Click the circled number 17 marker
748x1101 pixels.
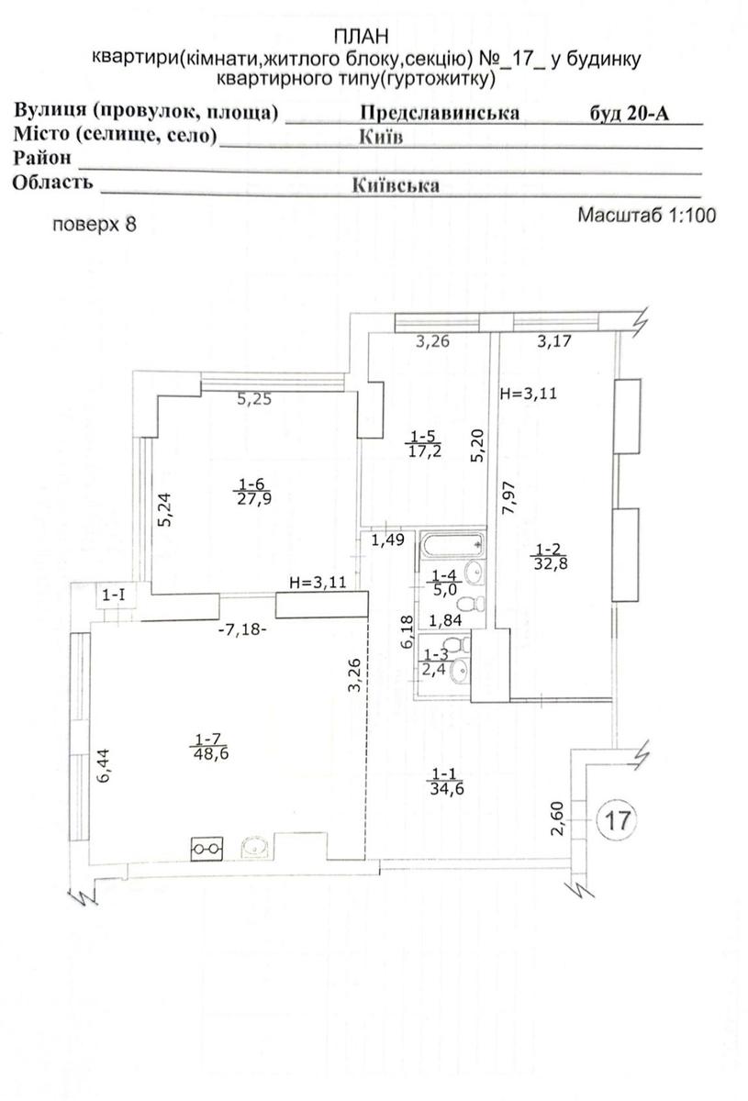pos(616,820)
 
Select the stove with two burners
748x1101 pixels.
pos(207,849)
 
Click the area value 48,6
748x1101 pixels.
pos(211,753)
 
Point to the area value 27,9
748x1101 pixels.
pos(255,499)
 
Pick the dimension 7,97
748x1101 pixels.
pos(508,497)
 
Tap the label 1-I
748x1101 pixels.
pos(114,595)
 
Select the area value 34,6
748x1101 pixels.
pos(447,789)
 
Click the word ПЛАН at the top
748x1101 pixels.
pos(361,37)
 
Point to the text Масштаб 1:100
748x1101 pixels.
pos(647,215)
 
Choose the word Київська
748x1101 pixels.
pos(396,185)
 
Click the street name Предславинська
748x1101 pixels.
pos(440,113)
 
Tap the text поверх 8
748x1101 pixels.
pos(95,225)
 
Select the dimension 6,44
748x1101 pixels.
pos(104,765)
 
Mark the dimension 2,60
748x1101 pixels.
pos(557,817)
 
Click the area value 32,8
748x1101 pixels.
pos(551,562)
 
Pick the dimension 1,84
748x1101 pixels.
pos(445,620)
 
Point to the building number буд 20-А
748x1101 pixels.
pos(630,113)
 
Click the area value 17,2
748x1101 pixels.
pos(425,450)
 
